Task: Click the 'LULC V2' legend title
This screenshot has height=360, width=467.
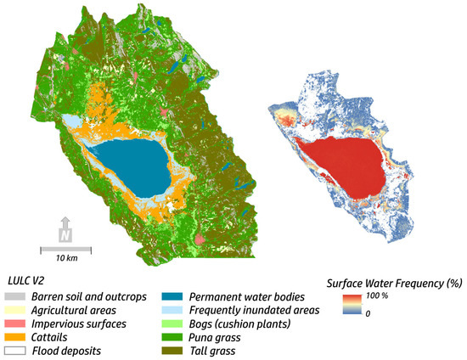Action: pyautogui.click(x=29, y=279)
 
